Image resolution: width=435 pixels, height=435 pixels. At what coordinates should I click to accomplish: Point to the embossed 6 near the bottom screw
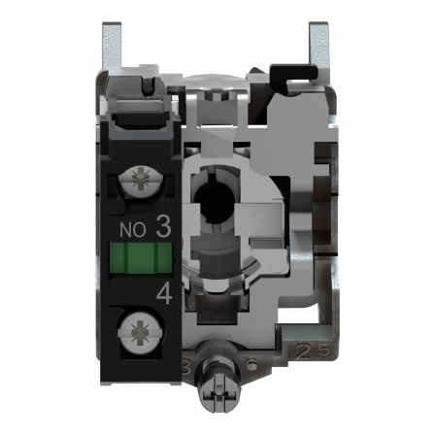(250, 362)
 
